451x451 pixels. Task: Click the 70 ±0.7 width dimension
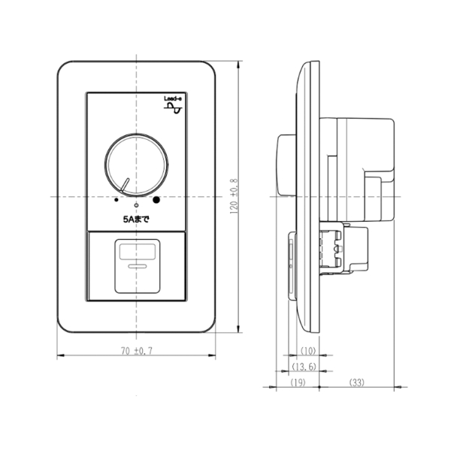tap(137, 351)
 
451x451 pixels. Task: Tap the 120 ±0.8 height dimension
tap(234, 196)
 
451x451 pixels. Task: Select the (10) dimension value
tap(308, 351)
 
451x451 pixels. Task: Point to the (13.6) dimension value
tap(304, 367)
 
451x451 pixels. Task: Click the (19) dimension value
tap(298, 383)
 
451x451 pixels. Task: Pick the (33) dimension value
tap(356, 383)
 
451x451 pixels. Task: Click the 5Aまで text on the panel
tap(136, 219)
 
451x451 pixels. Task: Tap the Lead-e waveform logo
tap(173, 105)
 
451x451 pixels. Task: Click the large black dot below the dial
tap(156, 199)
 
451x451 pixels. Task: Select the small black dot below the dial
tap(117, 199)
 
